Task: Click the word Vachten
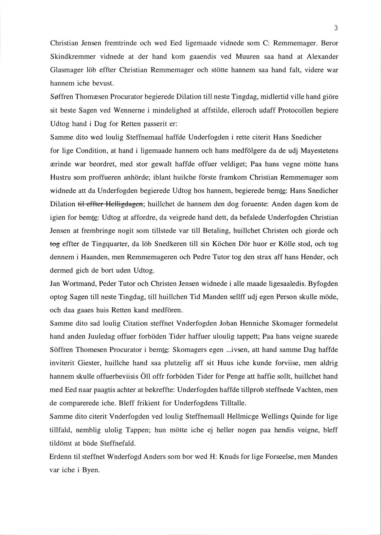pyautogui.click(x=311, y=390)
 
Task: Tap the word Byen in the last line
pyautogui.click(x=91, y=471)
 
